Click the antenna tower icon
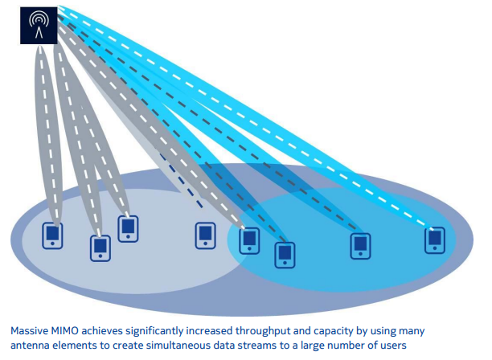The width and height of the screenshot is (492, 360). (x=37, y=25)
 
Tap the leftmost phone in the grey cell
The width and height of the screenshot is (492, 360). (x=52, y=235)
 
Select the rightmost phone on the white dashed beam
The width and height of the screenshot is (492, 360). (x=435, y=238)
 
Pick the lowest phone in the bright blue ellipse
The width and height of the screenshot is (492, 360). (x=285, y=253)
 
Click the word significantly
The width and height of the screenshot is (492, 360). (x=172, y=329)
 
